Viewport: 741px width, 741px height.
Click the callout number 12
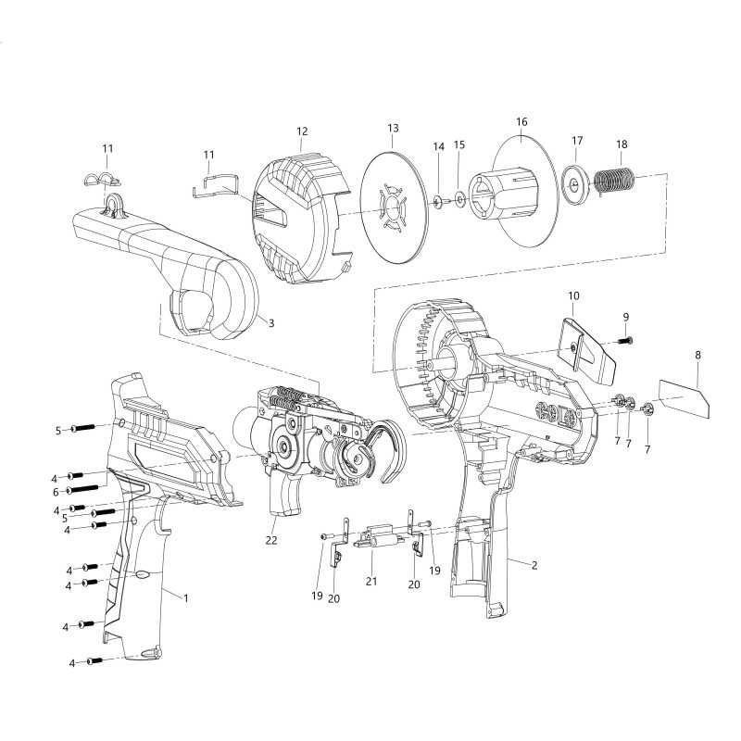tap(302, 132)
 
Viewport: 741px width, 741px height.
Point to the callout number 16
tap(521, 121)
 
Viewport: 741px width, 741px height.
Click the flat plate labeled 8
tap(684, 395)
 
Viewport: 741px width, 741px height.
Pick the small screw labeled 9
tap(622, 342)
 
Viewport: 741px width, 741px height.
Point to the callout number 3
tap(271, 322)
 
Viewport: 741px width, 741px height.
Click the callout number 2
tap(534, 563)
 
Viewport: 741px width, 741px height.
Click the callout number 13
tap(393, 127)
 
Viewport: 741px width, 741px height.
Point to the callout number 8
tap(697, 355)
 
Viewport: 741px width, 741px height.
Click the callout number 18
tap(622, 144)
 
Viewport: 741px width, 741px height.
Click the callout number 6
tap(56, 491)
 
